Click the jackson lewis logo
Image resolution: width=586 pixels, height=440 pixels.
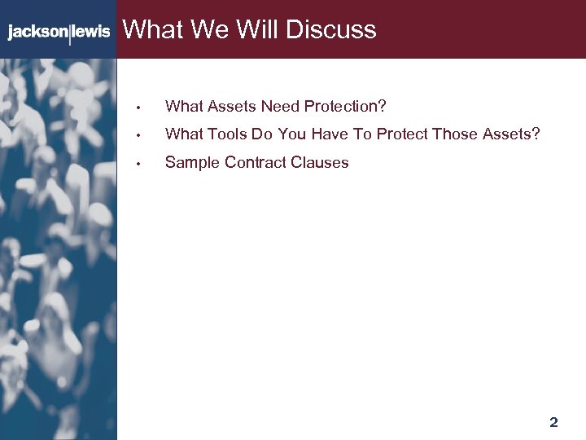click(59, 33)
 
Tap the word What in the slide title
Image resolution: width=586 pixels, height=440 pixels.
click(152, 30)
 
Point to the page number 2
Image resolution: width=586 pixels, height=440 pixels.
click(553, 422)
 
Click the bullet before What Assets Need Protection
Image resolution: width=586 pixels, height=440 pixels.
click(140, 108)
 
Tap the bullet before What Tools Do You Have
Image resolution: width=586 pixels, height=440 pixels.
click(140, 135)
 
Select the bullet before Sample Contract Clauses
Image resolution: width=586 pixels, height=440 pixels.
click(140, 164)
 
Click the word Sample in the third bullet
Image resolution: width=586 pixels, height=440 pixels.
click(192, 163)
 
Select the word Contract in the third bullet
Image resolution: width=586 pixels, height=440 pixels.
click(255, 163)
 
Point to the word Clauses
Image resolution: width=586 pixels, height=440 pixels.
click(318, 163)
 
